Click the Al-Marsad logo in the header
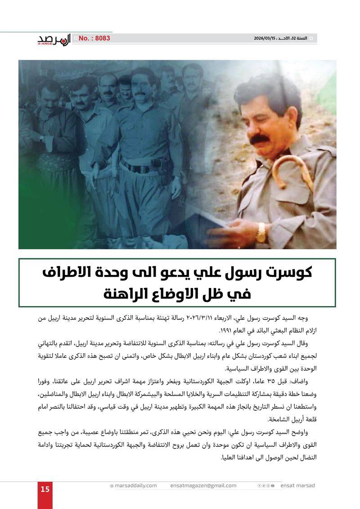[x=54, y=39]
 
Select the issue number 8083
[x=94, y=39]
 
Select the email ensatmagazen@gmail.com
[x=203, y=486]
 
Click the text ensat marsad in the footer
[x=297, y=486]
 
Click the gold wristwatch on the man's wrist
[x=261, y=232]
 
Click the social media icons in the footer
[x=265, y=486]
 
